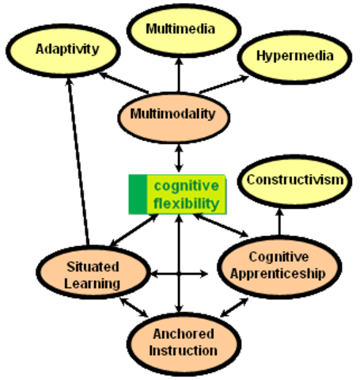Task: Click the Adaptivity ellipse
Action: (x=67, y=49)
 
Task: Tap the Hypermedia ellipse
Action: (x=294, y=56)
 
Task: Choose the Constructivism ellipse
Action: (x=294, y=180)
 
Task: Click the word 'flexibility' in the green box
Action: (x=186, y=203)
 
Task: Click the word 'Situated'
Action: (x=93, y=268)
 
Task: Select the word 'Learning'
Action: (x=93, y=283)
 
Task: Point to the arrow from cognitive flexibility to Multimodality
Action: (x=180, y=156)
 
